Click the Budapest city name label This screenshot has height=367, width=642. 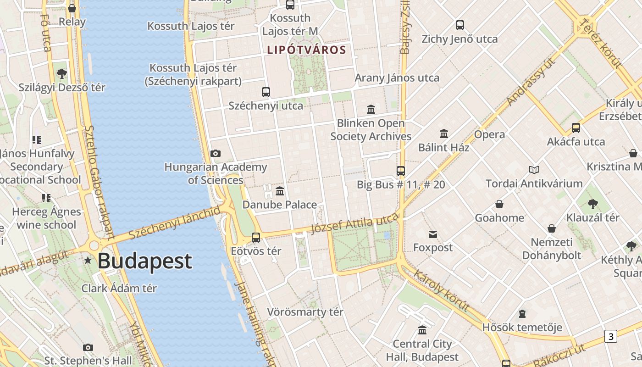point(144,261)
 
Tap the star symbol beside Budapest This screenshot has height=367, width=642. point(88,261)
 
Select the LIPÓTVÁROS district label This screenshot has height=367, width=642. point(306,50)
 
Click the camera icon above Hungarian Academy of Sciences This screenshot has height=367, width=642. point(215,153)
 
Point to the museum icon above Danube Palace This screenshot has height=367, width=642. point(280,191)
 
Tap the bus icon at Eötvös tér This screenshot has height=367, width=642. point(256,238)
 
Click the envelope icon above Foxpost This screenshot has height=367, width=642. point(432,234)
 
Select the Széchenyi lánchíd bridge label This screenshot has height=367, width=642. point(174,223)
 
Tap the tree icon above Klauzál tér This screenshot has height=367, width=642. point(592,204)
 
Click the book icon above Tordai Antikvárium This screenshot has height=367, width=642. point(534,170)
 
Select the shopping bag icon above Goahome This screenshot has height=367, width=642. point(499,204)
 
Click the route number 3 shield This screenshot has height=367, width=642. point(610,336)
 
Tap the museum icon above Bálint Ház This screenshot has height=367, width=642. point(443,134)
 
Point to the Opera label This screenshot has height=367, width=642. point(489,134)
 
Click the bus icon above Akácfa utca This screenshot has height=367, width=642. point(576,128)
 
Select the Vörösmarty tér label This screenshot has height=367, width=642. point(305,312)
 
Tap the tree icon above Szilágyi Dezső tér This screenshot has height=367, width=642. point(61,73)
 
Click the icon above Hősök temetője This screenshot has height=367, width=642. point(522,314)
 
